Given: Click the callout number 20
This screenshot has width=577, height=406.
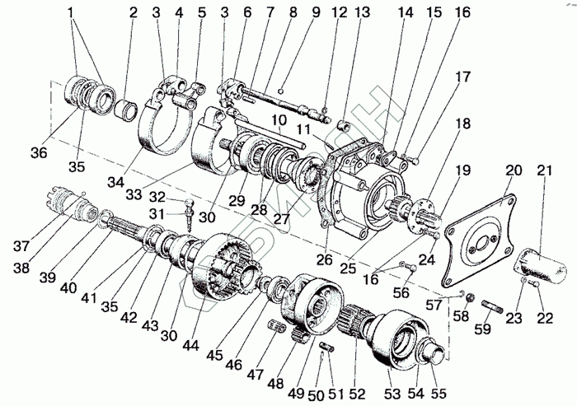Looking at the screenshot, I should [513, 171].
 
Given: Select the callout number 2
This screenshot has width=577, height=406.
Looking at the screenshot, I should [133, 14].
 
